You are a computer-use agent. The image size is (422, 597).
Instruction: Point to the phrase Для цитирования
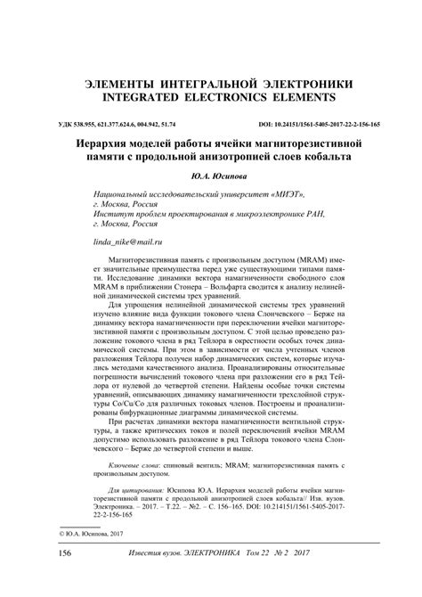tap(133, 491)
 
